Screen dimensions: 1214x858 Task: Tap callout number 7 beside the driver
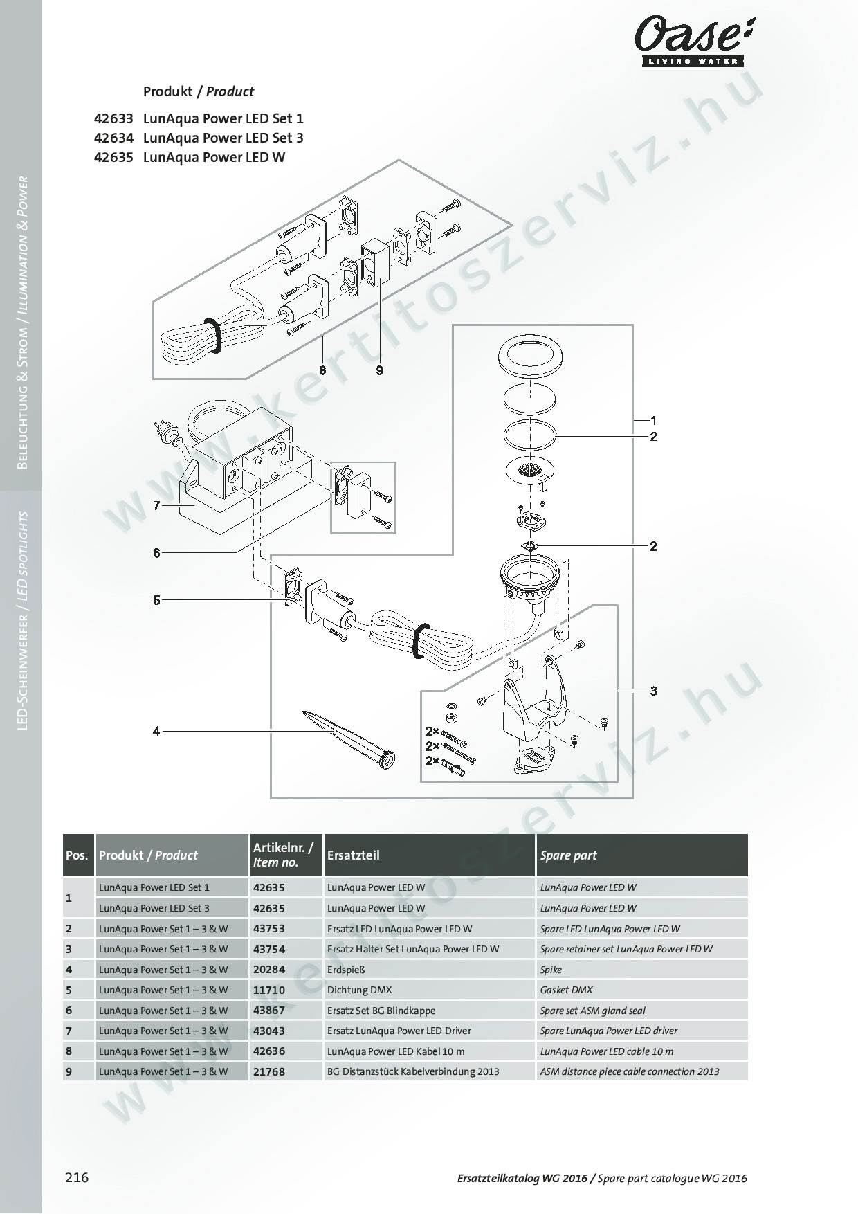pyautogui.click(x=157, y=506)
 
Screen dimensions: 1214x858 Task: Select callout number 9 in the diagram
pyautogui.click(x=379, y=370)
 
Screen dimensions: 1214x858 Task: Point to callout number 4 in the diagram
pyautogui.click(x=157, y=731)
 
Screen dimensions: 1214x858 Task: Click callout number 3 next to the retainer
pyautogui.click(x=653, y=691)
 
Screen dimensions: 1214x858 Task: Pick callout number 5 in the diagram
pyautogui.click(x=157, y=600)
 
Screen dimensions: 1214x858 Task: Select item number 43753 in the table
pyautogui.click(x=269, y=929)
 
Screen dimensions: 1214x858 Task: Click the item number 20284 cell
pyautogui.click(x=269, y=970)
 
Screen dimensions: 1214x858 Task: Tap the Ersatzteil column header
pyautogui.click(x=354, y=855)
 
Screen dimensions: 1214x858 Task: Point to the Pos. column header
pyautogui.click(x=77, y=855)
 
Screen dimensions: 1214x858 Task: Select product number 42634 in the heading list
pyautogui.click(x=113, y=138)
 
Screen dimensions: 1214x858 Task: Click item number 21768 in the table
pyautogui.click(x=269, y=1071)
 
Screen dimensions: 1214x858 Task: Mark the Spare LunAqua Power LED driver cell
pyautogui.click(x=609, y=1031)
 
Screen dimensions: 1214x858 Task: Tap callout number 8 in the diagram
pyautogui.click(x=322, y=370)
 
